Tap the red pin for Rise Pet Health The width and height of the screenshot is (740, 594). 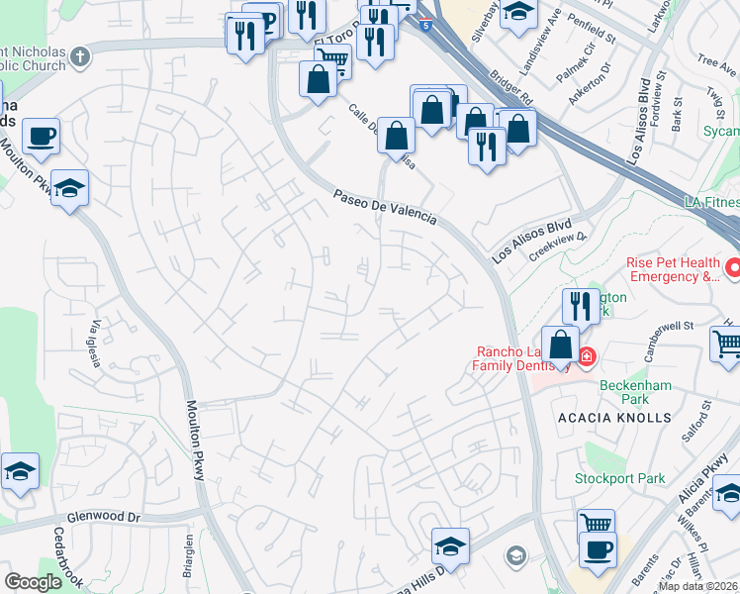coord(734,267)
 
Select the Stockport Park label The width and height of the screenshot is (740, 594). coord(620,479)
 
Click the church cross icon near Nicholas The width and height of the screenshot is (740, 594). coord(81,56)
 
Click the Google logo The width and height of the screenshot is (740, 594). coord(33,582)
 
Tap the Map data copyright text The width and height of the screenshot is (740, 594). coord(697,586)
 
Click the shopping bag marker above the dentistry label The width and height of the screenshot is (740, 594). coord(560,347)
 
